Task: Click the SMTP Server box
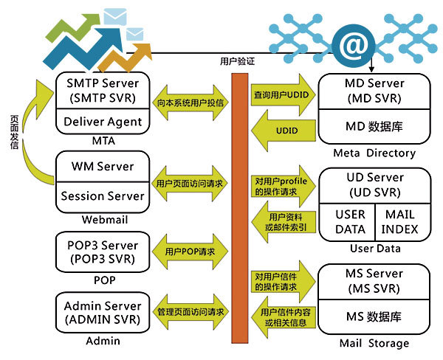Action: point(101,90)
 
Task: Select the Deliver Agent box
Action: point(101,122)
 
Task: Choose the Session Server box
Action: point(101,195)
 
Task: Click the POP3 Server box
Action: point(101,251)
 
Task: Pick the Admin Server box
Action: point(101,312)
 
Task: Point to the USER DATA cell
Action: point(351,221)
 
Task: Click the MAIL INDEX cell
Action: point(399,221)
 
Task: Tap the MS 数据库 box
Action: point(374,316)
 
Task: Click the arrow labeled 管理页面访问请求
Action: point(190,312)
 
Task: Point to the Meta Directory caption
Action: point(374,153)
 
